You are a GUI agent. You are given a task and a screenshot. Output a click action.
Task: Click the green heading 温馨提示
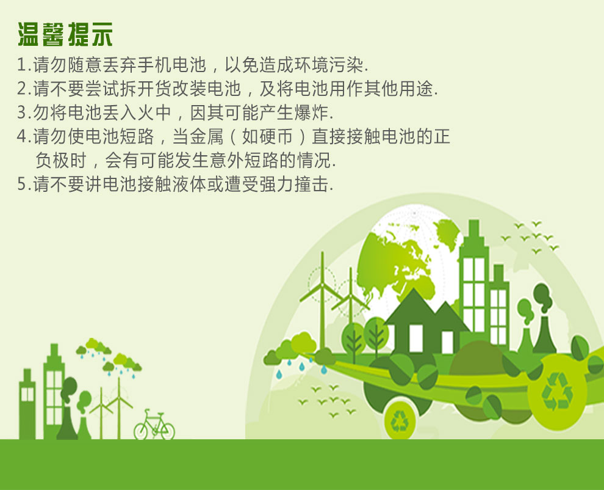click(65, 34)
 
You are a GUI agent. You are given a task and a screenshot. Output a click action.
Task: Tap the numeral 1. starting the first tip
click(24, 65)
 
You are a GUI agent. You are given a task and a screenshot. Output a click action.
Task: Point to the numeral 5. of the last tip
click(24, 184)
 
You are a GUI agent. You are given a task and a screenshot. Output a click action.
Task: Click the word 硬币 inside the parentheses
click(267, 136)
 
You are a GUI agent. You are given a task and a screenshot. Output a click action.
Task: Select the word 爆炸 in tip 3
click(311, 112)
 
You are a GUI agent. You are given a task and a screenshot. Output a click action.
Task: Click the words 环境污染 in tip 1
click(329, 65)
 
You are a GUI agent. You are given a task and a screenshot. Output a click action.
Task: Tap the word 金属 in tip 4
click(206, 136)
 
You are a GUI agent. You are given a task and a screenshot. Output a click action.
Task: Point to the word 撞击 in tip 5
click(311, 184)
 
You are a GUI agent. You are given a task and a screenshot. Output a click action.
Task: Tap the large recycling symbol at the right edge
click(557, 391)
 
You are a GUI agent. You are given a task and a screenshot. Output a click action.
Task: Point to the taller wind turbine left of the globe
click(322, 301)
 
